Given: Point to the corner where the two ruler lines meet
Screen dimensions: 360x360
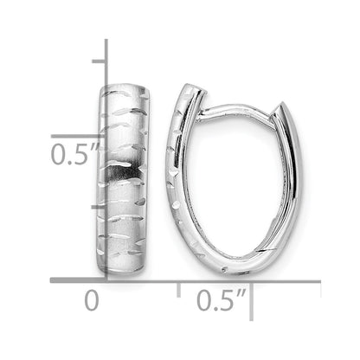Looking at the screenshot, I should (x=106, y=280).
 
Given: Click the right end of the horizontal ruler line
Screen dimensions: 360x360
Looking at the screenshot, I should (x=320, y=280).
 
